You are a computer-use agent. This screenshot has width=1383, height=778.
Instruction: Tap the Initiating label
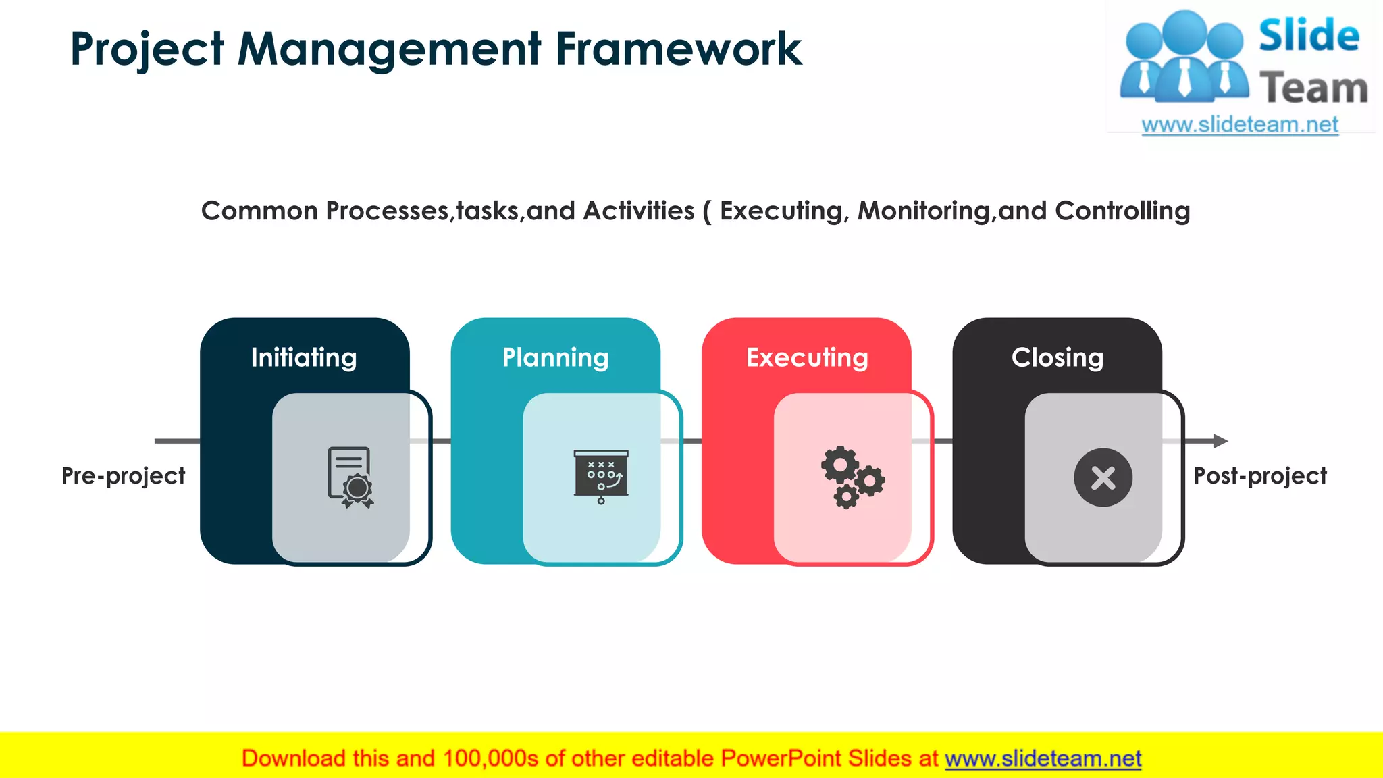click(304, 357)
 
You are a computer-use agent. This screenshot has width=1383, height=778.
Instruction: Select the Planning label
click(555, 357)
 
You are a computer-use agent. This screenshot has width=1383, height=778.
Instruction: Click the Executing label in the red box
click(807, 357)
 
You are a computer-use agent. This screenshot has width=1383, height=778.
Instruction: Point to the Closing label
click(1058, 357)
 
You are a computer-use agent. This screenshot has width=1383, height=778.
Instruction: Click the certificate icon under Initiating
click(350, 477)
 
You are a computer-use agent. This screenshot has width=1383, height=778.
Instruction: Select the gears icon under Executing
click(852, 477)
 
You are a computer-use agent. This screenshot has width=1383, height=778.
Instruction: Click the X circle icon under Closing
click(1103, 477)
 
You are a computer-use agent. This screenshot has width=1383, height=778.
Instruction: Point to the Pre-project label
click(123, 476)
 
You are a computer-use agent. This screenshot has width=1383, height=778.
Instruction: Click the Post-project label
click(1260, 476)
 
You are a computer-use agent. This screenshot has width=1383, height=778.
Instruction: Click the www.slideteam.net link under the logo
click(1240, 125)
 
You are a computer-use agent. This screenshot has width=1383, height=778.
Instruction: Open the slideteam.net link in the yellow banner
click(1043, 759)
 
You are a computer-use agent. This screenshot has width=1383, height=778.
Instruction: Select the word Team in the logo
click(1313, 88)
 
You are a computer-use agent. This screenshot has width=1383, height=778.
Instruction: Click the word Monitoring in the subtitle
click(923, 211)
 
